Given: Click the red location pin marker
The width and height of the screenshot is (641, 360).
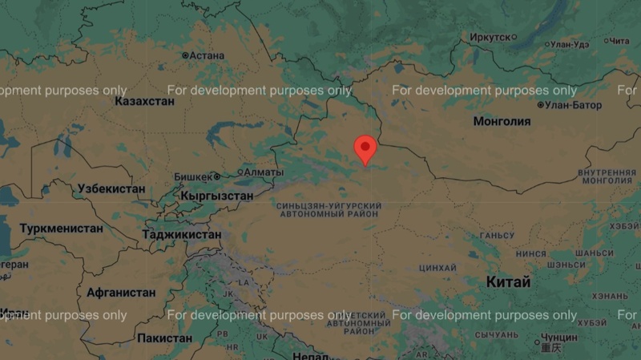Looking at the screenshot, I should point(365,149).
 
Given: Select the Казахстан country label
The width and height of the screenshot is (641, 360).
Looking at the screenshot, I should point(144,102).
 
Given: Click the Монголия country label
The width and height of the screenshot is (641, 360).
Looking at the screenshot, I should point(502,122).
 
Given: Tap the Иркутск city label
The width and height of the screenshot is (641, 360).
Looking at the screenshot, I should point(490,37).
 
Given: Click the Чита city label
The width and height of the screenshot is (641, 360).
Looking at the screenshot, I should point(619,41).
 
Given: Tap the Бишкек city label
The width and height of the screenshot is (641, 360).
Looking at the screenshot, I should point(192,176).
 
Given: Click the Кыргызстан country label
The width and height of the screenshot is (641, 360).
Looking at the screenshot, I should point(217,196).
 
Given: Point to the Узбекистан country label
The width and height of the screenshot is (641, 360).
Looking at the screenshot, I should point(111,189).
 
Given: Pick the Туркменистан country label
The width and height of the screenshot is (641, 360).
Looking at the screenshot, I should point(61,229).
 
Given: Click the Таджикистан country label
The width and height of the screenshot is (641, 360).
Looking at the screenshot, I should point(181,235).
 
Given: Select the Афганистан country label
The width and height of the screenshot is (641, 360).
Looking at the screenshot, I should point(121,293).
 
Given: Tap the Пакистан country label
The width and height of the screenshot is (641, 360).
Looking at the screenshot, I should point(164,338).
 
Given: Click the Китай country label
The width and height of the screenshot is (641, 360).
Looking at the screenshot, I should point(508,282).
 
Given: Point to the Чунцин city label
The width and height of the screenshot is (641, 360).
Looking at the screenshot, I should point(558,338).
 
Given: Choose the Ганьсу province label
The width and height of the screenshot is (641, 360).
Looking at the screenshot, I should point(496,236).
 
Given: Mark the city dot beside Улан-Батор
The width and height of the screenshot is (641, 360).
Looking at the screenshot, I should point(541,105).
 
